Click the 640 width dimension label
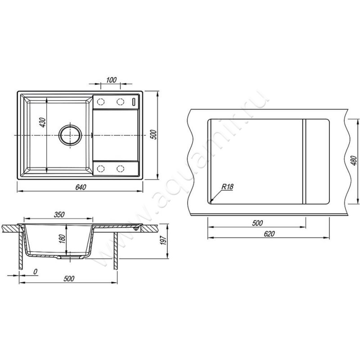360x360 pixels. [x=81, y=187]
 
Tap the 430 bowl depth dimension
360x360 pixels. [x=43, y=122]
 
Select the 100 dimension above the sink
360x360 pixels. [x=111, y=80]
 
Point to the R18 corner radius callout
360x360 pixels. [x=227, y=187]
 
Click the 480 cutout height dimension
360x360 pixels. [x=354, y=161]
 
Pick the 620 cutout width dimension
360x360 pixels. [x=269, y=234]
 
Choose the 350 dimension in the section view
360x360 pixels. [x=59, y=215]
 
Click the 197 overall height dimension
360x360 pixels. [x=163, y=240]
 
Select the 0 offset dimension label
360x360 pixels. [x=35, y=272]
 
